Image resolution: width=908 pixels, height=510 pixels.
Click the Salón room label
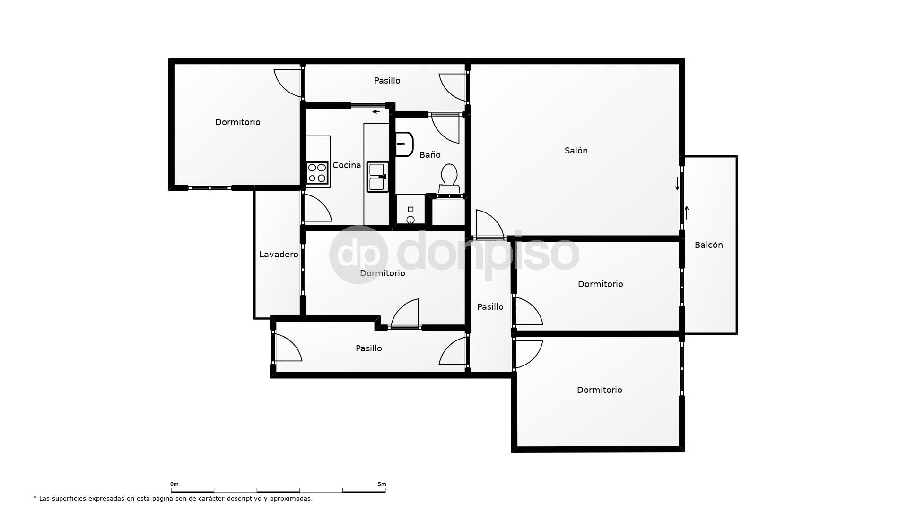point(576,151)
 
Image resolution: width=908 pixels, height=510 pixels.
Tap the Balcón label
point(708,245)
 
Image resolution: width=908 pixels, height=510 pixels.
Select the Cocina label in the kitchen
point(347,165)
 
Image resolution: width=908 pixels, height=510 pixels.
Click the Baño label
point(430,155)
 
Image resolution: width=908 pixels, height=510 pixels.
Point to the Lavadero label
point(279,255)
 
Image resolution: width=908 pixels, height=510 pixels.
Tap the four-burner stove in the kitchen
point(317,173)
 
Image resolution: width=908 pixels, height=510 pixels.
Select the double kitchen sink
point(377,177)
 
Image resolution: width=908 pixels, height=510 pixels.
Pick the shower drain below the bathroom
point(410,219)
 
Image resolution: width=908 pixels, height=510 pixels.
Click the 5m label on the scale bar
point(382,484)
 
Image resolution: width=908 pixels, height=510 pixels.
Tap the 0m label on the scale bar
point(175,484)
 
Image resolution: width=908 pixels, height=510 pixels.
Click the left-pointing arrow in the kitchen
point(376,112)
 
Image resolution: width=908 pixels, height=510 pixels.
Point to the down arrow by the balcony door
point(677,183)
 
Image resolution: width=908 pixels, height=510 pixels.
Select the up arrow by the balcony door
point(687,212)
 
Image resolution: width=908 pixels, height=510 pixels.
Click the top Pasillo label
point(387,81)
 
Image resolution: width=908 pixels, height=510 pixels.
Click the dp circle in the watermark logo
point(358,255)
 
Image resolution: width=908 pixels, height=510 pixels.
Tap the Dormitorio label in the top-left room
point(237,122)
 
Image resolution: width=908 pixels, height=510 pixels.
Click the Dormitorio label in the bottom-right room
point(599,390)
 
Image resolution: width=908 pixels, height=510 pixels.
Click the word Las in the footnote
point(44,498)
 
